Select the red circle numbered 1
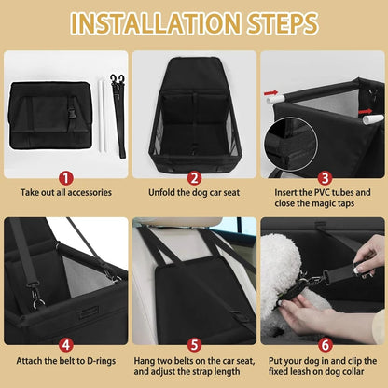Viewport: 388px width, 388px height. pos(64,175)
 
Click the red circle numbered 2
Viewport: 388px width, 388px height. pos(194,175)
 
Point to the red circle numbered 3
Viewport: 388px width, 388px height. pos(323,175)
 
